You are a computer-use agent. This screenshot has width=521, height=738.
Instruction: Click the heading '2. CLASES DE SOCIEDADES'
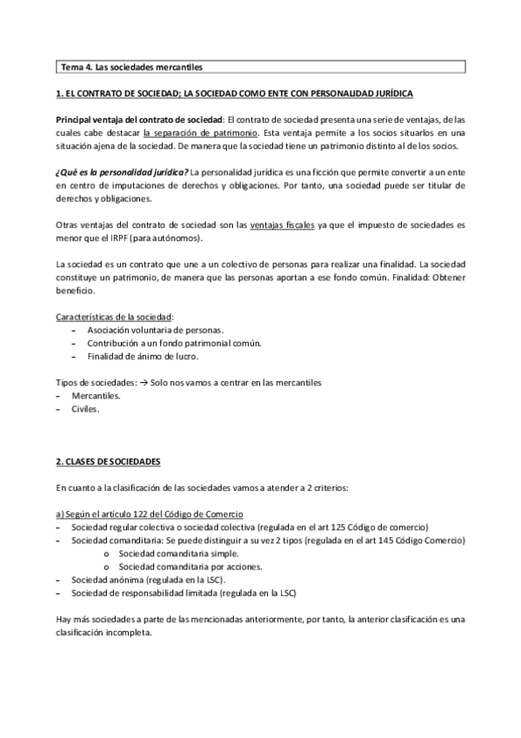click(108, 460)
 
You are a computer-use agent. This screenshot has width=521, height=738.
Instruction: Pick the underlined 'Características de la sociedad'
click(114, 316)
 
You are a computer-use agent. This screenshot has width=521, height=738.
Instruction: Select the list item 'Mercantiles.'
click(97, 395)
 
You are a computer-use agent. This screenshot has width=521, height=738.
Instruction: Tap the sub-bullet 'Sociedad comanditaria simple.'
click(177, 553)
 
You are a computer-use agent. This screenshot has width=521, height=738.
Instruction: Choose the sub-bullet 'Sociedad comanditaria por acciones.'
click(189, 566)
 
